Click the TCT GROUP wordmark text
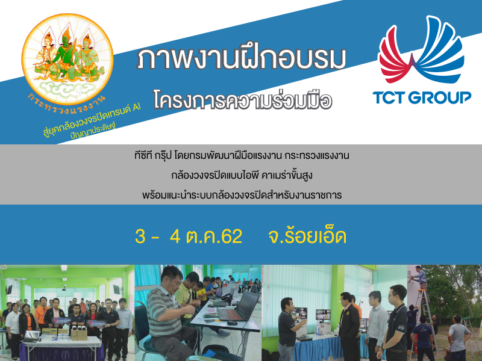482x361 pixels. (x=422, y=97)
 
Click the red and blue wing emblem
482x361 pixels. (x=421, y=50)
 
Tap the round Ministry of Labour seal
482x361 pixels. (x=67, y=59)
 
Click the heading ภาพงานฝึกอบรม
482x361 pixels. (x=242, y=58)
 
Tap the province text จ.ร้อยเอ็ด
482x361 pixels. (x=307, y=236)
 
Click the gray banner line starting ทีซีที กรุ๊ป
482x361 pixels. (x=242, y=156)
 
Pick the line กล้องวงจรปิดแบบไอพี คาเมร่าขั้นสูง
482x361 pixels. (x=242, y=175)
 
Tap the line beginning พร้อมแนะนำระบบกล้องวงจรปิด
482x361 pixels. (x=242, y=195)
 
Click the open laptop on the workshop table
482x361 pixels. (x=239, y=307)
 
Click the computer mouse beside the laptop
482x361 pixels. (x=232, y=323)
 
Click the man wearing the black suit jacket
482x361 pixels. (x=348, y=326)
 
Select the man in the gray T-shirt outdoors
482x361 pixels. (x=458, y=337)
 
